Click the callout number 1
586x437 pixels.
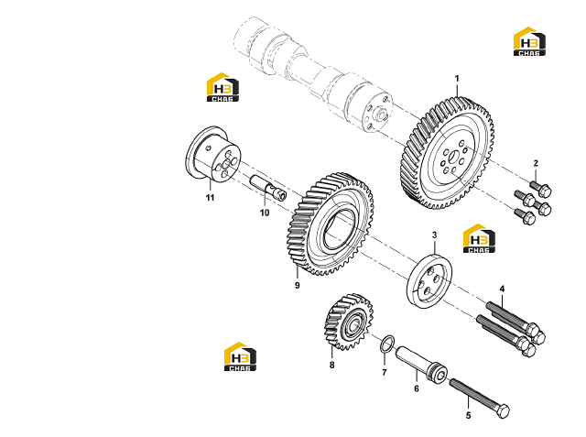(x=457, y=79)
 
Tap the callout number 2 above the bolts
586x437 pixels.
(x=536, y=163)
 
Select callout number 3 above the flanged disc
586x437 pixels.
(x=434, y=235)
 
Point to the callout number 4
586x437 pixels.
(x=502, y=289)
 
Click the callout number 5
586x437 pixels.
(x=468, y=416)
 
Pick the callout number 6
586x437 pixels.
(x=417, y=388)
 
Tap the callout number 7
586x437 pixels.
(x=385, y=372)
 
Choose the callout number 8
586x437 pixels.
(x=331, y=365)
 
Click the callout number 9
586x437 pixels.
(x=297, y=286)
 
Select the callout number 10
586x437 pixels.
(x=265, y=213)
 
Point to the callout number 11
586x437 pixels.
(x=210, y=197)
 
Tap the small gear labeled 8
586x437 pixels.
(x=348, y=322)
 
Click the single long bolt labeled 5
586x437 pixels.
(x=480, y=399)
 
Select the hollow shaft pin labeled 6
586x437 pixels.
(x=421, y=363)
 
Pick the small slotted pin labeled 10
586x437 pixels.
(x=268, y=187)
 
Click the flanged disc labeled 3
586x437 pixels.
(x=429, y=281)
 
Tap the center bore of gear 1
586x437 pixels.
(x=452, y=156)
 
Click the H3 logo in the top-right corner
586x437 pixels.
(x=529, y=41)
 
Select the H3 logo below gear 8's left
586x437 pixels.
(x=240, y=356)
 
